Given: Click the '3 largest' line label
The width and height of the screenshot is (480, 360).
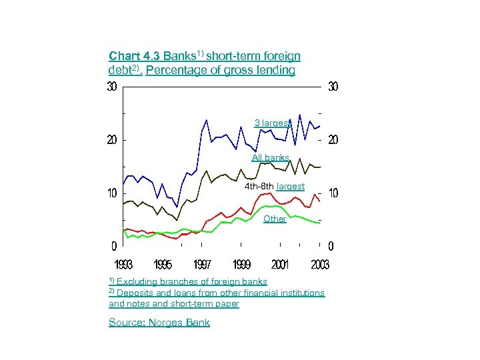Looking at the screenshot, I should (x=272, y=123).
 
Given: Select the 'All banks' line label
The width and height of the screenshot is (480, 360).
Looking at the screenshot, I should (x=270, y=158).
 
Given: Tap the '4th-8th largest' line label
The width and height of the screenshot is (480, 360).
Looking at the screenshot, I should (x=275, y=186).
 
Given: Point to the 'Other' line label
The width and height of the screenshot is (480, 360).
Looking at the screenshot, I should (x=275, y=219).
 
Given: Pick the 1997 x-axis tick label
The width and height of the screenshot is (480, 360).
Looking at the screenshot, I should (x=203, y=265).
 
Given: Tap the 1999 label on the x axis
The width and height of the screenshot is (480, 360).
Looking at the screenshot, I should (x=241, y=265).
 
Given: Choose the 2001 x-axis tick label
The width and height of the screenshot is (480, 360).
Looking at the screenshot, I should (x=281, y=265).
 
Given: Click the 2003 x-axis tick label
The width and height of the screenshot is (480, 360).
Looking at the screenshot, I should (x=319, y=265).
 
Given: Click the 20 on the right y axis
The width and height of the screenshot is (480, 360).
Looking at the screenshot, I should (x=333, y=140).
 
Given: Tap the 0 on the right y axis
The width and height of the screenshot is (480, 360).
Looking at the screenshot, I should (x=331, y=246).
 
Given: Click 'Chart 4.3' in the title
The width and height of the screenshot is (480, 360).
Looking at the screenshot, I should (x=134, y=57).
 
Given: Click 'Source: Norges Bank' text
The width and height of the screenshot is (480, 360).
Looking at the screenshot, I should (x=159, y=323).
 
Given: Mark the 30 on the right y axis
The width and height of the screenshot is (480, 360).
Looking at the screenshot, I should (x=333, y=87).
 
